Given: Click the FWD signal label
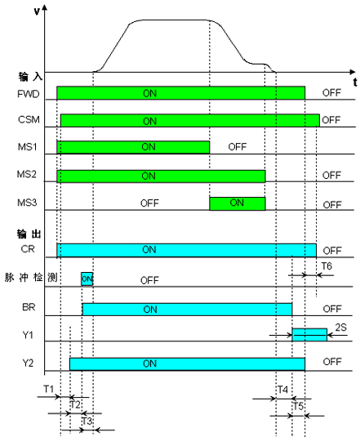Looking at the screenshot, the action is [x=29, y=94].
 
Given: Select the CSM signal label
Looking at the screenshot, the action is [x=29, y=119].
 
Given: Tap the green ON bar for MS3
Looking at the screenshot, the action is [x=238, y=203].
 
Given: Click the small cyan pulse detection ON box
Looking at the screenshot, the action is [x=87, y=279].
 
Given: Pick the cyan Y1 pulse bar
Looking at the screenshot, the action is [x=309, y=335].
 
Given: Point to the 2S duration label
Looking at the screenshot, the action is [x=340, y=328].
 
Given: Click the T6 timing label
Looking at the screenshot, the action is [x=327, y=266].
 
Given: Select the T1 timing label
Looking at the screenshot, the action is [x=48, y=389].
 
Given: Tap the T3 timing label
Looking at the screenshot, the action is [x=87, y=421].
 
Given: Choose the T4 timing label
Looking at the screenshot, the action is [x=282, y=390].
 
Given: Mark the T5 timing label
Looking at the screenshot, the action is [x=298, y=406].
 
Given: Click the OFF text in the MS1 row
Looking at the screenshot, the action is [x=238, y=147].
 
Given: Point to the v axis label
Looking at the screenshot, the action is [x=37, y=11].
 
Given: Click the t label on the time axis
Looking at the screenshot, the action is [x=355, y=82].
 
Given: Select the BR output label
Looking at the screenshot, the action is [x=29, y=307].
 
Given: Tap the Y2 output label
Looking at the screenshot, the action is [x=28, y=363].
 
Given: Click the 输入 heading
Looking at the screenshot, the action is [x=30, y=77].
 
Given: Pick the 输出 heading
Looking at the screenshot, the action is [x=29, y=234].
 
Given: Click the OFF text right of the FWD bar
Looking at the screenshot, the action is [x=331, y=93].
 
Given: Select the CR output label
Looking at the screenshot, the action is [x=28, y=249].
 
